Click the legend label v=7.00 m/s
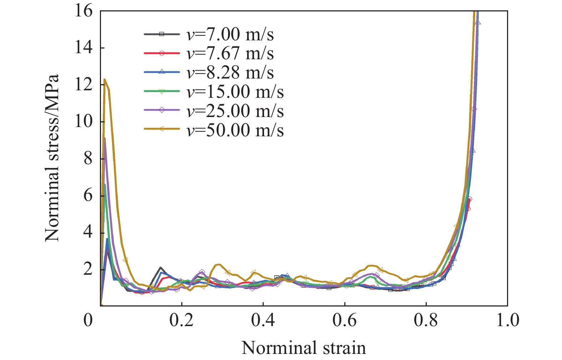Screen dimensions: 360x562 [230, 35]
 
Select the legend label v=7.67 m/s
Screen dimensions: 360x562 [230, 54]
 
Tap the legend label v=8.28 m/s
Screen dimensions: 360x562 [230, 73]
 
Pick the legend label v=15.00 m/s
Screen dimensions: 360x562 [235, 92]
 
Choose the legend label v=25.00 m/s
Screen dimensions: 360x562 [235, 111]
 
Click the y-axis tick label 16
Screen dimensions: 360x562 [83, 11]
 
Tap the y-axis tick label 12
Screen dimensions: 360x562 [83, 85]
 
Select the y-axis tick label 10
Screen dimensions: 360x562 [83, 122]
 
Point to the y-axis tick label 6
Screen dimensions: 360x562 [88, 195]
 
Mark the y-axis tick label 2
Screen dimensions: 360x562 [88, 269]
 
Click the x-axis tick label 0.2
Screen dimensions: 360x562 [182, 320]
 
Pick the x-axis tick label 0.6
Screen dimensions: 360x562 [345, 320]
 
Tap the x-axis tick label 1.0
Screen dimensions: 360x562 [508, 320]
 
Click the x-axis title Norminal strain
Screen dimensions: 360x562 [304, 348]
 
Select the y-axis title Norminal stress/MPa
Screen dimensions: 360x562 [52, 158]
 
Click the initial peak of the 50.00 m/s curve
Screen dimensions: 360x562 [105, 79]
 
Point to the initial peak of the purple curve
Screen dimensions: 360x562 [105, 138]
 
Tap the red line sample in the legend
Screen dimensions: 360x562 [162, 54]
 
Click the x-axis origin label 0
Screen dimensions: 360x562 [88, 320]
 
